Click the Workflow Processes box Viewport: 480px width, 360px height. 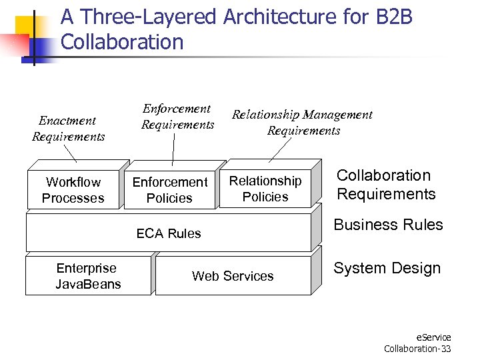(73, 190)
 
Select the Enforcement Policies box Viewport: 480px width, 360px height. (169, 190)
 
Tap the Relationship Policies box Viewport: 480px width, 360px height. (265, 189)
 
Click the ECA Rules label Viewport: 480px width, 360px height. (168, 233)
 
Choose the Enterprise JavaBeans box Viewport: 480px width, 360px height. (87, 276)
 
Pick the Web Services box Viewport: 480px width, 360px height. (233, 276)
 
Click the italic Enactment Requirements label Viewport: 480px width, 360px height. (68, 129)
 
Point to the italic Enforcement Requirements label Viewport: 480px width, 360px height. (177, 117)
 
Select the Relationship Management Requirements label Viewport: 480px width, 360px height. (302, 123)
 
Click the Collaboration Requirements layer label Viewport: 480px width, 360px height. (385, 185)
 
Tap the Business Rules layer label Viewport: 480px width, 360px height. (388, 225)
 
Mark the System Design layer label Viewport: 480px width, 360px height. (387, 268)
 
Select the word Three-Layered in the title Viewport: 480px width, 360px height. (147, 17)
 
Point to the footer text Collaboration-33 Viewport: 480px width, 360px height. (417, 349)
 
